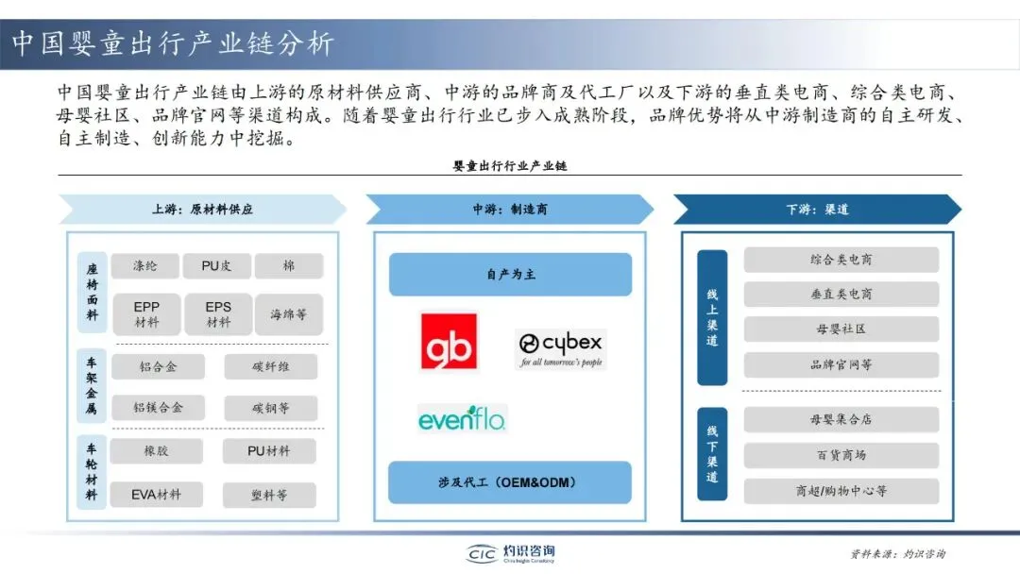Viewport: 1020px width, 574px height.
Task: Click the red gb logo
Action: pos(449,341)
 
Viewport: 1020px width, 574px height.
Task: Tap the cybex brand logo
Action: pos(560,348)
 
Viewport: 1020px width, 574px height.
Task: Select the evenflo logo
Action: pos(462,417)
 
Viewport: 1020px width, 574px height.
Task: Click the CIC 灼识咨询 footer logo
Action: pos(511,553)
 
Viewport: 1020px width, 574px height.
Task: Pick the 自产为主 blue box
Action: pos(510,274)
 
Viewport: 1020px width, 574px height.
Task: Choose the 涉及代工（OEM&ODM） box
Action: pos(510,481)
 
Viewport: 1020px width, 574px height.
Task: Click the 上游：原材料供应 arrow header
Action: pos(202,209)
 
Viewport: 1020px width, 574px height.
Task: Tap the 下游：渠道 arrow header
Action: pos(817,209)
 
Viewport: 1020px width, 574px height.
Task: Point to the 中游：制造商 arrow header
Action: pos(510,209)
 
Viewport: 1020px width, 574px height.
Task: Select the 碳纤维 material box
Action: pos(271,366)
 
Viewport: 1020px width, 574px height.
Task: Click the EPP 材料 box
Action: pos(146,314)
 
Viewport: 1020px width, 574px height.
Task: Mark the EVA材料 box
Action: pos(157,493)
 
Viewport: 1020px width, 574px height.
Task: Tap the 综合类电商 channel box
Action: pos(841,260)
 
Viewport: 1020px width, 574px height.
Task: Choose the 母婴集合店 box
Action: pos(841,420)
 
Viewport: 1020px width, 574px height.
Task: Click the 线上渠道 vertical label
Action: pos(712,317)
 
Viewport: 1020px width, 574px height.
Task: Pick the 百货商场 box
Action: pos(841,455)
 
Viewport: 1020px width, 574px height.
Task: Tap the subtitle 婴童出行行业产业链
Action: pos(510,165)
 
